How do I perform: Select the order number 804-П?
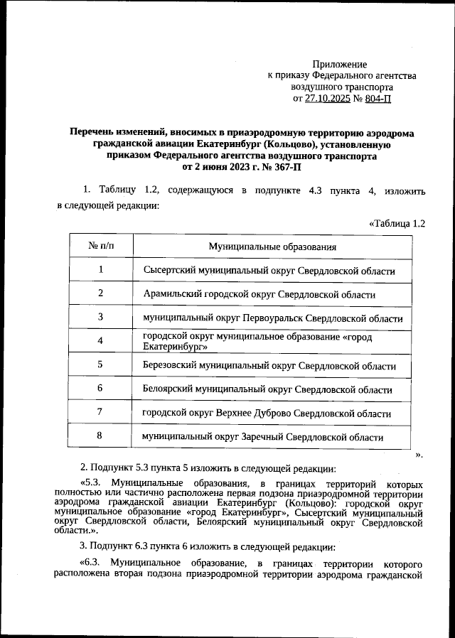(x=374, y=99)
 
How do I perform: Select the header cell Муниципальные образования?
(x=272, y=247)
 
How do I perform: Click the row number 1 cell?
(x=101, y=270)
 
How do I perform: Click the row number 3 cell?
(x=101, y=317)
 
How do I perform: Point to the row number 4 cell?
(x=101, y=341)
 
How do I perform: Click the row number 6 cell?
(x=101, y=389)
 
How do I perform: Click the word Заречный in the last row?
(x=259, y=437)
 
